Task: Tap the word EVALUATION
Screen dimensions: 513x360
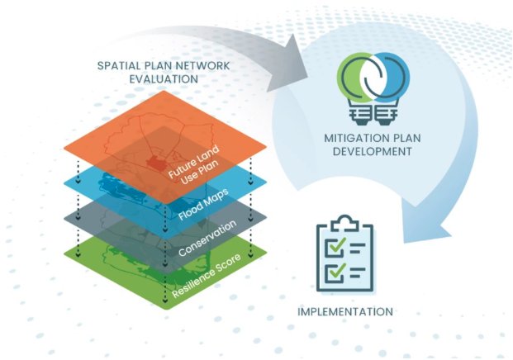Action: click(164, 79)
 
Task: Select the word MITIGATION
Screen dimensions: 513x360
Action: click(354, 138)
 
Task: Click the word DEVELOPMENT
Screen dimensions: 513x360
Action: click(373, 152)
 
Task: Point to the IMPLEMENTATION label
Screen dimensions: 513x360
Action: click(345, 311)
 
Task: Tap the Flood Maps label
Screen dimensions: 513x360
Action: click(203, 204)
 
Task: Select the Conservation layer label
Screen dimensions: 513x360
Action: click(207, 238)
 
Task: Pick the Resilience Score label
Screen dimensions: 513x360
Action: click(207, 275)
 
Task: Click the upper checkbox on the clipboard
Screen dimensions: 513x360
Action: click(334, 247)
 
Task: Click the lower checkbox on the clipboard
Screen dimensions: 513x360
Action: click(334, 272)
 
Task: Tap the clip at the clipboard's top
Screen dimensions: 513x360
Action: click(344, 223)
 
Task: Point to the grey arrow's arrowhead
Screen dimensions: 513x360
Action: click(288, 65)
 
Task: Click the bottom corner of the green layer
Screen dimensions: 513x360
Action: click(165, 309)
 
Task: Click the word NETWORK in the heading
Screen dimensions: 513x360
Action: click(203, 66)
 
